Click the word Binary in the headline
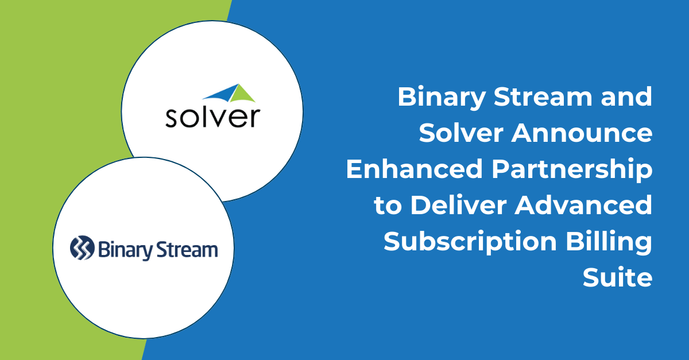point(442,98)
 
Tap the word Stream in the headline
point(543,96)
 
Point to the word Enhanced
point(415,169)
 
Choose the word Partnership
point(572,170)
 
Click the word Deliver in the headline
point(458,205)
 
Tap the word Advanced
point(583,205)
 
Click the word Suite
point(618,277)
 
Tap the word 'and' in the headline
point(626,96)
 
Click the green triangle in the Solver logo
point(242,94)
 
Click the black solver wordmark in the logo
point(213,117)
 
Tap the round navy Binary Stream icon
point(82,247)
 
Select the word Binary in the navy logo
point(125,250)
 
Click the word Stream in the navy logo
point(187,250)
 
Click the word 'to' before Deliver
point(388,206)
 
